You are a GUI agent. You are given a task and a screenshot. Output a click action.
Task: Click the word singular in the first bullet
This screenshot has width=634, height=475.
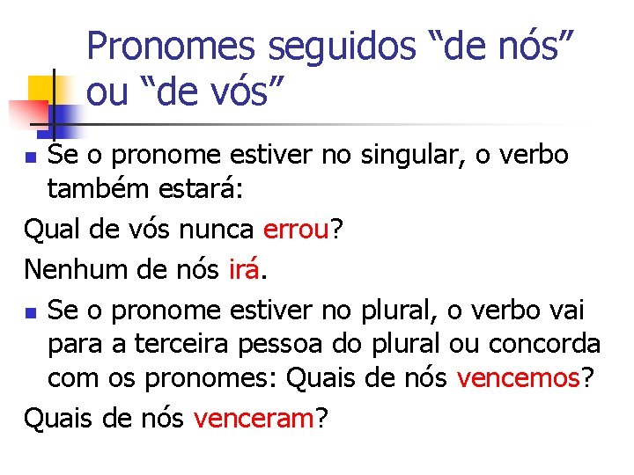[409, 156]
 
